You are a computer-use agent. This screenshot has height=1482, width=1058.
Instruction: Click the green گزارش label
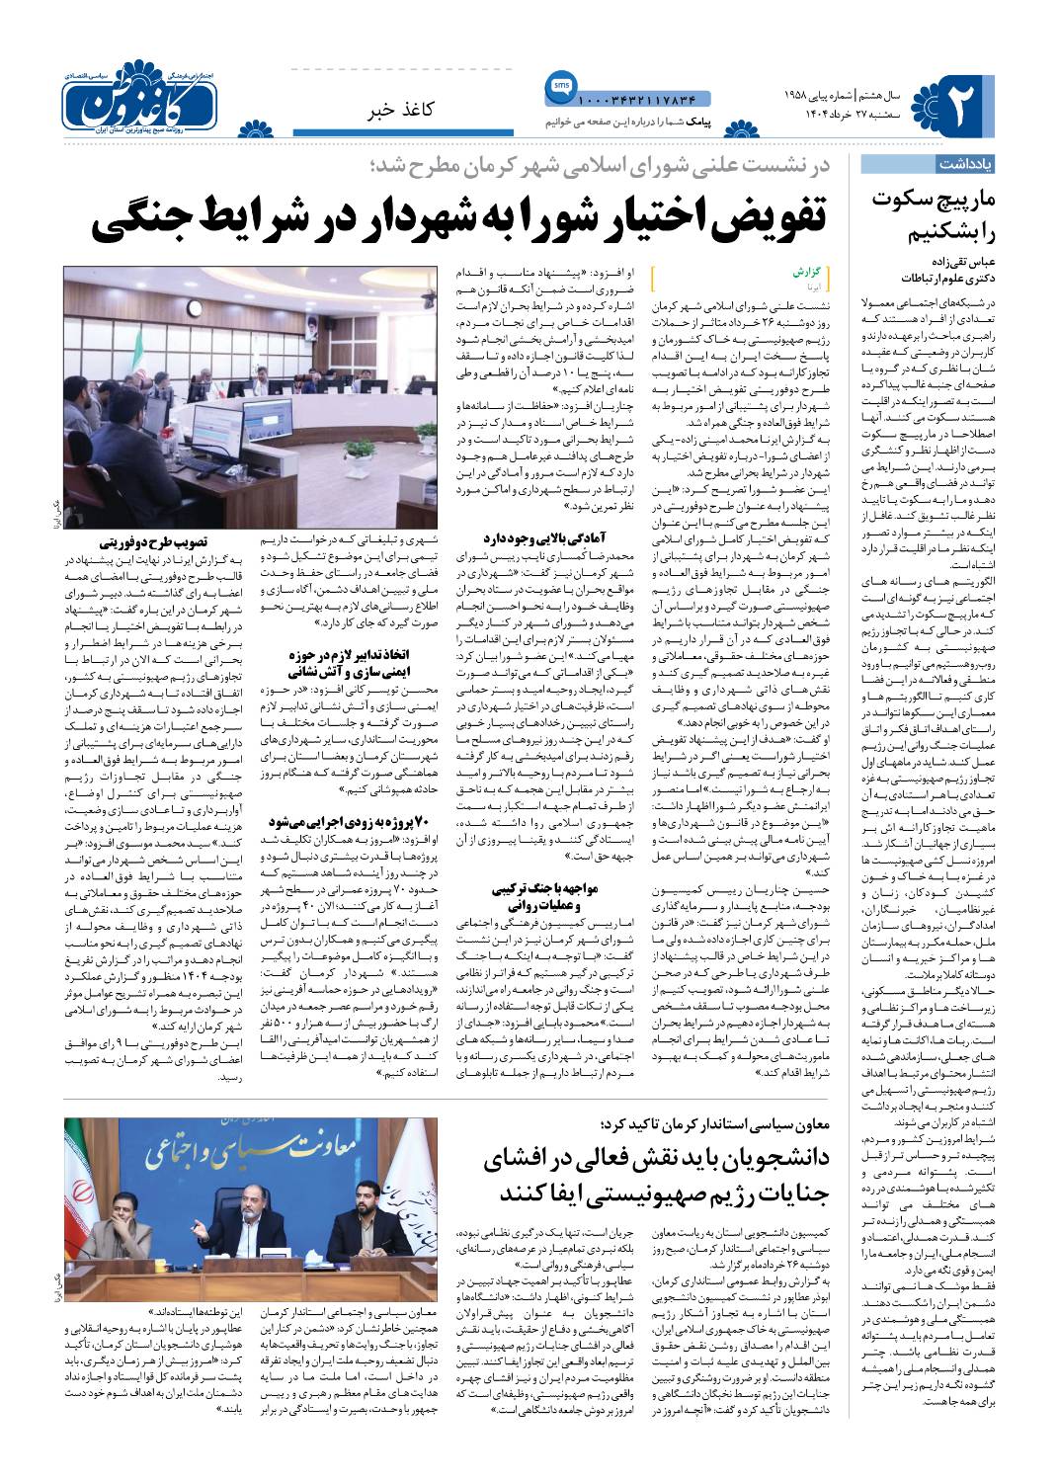click(x=808, y=269)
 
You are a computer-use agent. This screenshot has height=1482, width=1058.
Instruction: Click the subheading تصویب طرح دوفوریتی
click(x=153, y=541)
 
